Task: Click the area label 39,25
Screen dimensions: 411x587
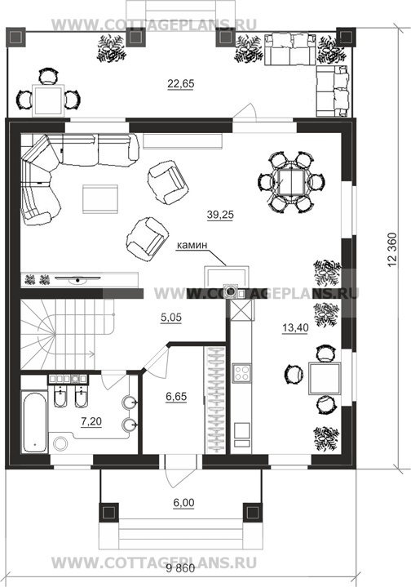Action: (220, 215)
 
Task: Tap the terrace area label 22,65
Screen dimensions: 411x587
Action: (181, 83)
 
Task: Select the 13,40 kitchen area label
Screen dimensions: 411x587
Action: (295, 328)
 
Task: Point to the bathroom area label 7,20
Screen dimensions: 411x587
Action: (91, 421)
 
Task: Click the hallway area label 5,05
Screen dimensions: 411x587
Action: (171, 318)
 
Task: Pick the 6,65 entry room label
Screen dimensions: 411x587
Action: (176, 396)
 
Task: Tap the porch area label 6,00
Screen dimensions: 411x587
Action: (183, 503)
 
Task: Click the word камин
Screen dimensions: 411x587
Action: (192, 245)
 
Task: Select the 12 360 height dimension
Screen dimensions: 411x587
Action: (392, 250)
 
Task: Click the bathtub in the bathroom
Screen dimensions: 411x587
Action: (34, 422)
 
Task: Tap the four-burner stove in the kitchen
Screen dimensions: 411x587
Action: (241, 373)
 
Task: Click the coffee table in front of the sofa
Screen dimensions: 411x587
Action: (100, 198)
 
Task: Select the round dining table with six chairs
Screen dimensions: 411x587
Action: (291, 182)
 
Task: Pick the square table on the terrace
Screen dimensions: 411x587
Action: (48, 100)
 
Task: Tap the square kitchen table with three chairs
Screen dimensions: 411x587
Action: (325, 379)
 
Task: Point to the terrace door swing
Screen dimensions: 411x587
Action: (245, 112)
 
